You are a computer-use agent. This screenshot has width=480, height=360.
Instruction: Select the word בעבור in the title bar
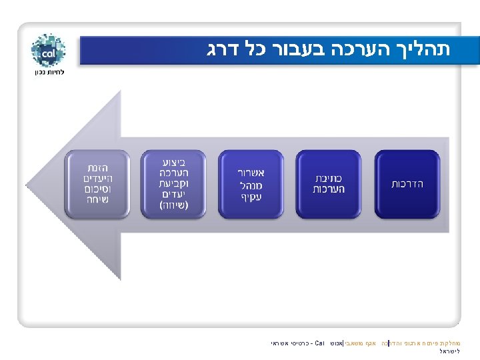pyautogui.click(x=313, y=50)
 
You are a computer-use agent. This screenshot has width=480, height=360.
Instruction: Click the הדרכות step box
pyautogui.click(x=407, y=183)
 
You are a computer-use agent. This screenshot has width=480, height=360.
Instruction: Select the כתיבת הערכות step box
pyautogui.click(x=329, y=183)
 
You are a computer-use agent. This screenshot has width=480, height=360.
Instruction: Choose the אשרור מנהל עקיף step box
pyautogui.click(x=251, y=183)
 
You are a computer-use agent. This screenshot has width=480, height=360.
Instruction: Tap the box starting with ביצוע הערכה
pyautogui.click(x=173, y=183)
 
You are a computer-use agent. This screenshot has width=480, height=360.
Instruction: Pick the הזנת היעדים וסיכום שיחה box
pyautogui.click(x=97, y=183)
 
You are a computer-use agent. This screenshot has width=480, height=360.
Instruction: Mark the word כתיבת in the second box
pyautogui.click(x=329, y=178)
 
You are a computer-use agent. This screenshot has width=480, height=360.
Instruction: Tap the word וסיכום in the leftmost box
pyautogui.click(x=97, y=189)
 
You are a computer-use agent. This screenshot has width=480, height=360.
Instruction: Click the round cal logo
pyautogui.click(x=48, y=51)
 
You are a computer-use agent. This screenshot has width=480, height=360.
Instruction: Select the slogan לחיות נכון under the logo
pyautogui.click(x=48, y=72)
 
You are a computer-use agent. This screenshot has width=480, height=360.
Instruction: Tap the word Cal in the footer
pyautogui.click(x=318, y=344)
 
